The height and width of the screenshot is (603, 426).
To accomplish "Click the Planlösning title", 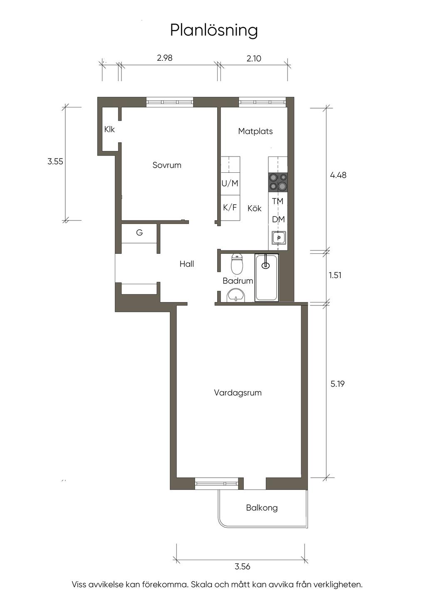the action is point(214,31).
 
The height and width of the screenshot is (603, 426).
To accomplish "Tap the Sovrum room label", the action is point(167,165).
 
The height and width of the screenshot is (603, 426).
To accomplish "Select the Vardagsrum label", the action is point(238,393).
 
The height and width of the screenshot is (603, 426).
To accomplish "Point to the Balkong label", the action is point(262,508).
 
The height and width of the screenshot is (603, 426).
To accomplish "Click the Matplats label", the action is point(255,132).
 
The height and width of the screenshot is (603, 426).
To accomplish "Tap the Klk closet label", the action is point(109,129).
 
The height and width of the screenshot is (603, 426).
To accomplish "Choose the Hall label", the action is point(187,264).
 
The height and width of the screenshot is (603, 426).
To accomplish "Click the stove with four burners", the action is point(278,182).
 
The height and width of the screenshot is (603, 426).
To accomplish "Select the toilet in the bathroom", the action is point(237,263).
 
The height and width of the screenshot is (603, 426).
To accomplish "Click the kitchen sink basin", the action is point(279,238).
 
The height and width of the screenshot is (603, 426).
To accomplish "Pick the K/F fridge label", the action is point(230,208).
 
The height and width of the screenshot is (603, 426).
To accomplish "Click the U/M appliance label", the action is point(230,184).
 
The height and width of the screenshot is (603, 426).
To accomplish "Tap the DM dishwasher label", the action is point(278,220).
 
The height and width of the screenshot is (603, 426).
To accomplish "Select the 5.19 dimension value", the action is point(337,384).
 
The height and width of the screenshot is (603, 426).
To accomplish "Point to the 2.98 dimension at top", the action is point(165,58).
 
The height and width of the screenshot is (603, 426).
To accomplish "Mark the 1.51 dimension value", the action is point(335,275).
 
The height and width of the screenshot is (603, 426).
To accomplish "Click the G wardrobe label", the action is point(139,232).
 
